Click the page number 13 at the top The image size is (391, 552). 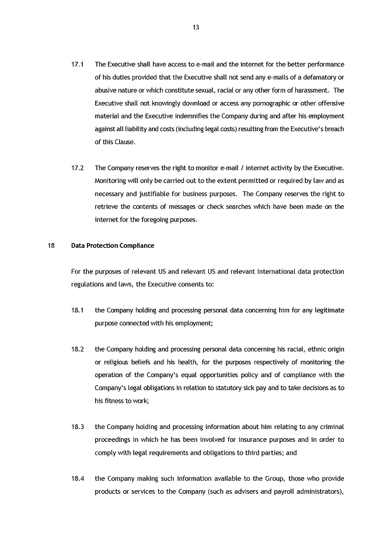(195, 27)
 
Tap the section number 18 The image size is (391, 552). (50, 245)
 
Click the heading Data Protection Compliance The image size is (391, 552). (113, 245)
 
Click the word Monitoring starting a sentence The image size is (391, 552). (111, 181)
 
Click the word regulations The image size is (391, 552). (89, 284)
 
